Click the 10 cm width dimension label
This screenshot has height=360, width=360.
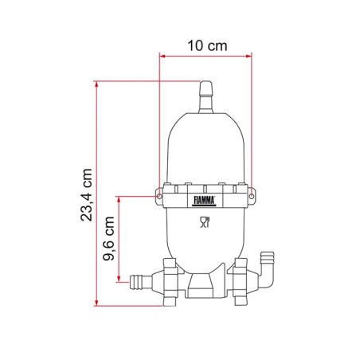point(206,45)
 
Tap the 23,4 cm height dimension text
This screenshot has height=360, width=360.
point(87,194)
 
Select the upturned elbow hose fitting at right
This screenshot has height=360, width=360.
point(266,266)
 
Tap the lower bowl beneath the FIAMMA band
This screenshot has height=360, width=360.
point(206,239)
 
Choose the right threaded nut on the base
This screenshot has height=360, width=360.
point(239,283)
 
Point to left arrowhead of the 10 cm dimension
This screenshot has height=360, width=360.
point(162,56)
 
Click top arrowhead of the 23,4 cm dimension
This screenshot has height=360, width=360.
point(98,82)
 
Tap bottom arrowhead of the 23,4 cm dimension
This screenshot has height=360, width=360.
point(98,303)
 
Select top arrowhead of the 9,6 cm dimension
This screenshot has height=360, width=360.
point(121,197)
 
